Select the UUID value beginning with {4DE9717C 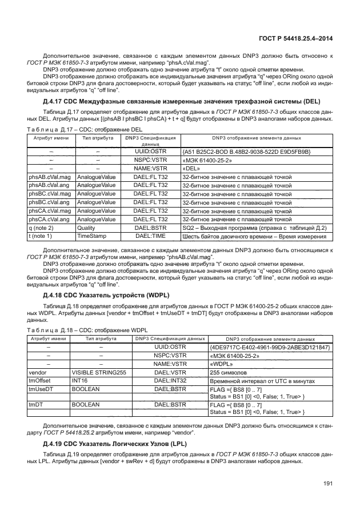[270, 348]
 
